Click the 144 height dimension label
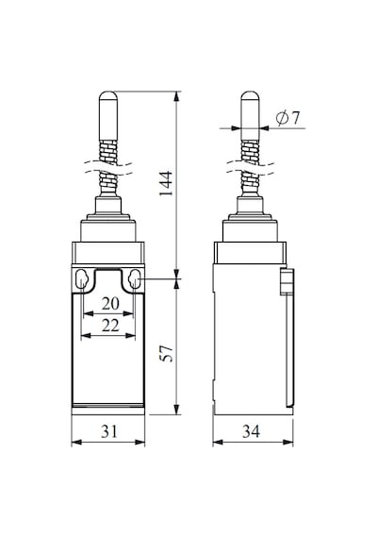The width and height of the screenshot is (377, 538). [167, 183]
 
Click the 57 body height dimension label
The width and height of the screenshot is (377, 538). [168, 353]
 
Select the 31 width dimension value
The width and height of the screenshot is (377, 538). [109, 431]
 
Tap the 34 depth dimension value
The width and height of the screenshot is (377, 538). [252, 431]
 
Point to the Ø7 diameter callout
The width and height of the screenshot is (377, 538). [287, 118]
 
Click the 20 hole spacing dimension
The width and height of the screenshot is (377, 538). [110, 304]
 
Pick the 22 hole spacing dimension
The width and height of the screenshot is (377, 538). [110, 326]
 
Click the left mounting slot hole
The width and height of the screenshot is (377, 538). [82, 279]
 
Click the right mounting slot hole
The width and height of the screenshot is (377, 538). [134, 279]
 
